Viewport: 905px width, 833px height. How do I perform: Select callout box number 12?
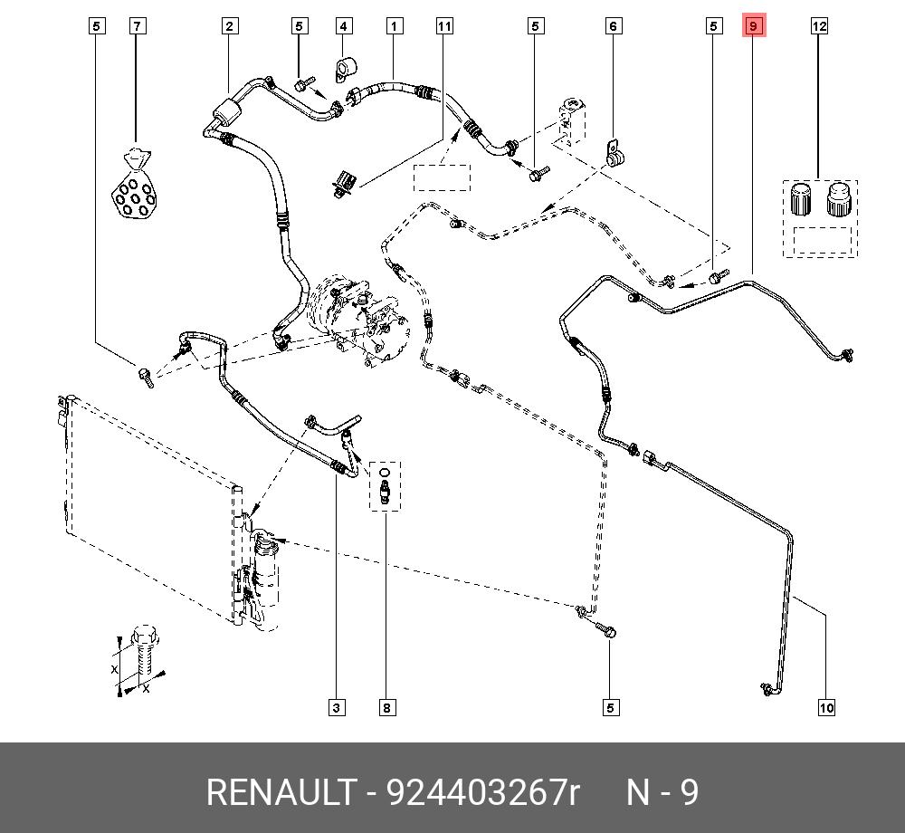coord(819,26)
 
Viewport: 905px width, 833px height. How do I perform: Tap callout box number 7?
coord(137,26)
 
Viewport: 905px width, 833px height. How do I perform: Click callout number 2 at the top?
coord(230,26)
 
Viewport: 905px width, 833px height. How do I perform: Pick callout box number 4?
coord(343,26)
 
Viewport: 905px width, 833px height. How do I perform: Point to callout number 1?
coord(395,26)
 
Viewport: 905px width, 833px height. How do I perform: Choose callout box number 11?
coord(443,26)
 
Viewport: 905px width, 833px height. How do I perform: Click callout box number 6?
coord(613,26)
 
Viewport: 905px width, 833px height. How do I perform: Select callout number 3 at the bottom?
coord(336,707)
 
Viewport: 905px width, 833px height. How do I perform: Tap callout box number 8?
coord(386,707)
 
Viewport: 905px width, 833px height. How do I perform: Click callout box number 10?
coord(825,707)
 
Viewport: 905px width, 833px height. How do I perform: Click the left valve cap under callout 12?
coord(800,198)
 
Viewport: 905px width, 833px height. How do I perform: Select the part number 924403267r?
coord(482,793)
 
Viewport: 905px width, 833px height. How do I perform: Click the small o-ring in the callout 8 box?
coord(385,471)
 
